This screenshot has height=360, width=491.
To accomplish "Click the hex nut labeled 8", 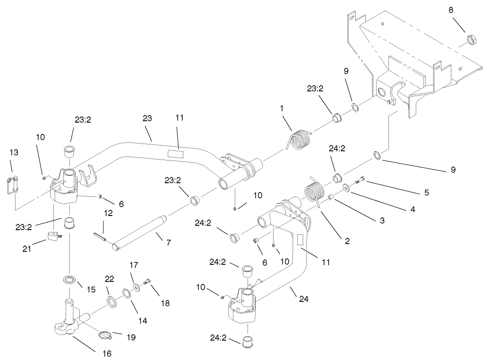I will (472, 40).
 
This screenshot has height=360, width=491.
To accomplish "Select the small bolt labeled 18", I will (147, 283).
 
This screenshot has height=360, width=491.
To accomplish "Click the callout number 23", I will (147, 118).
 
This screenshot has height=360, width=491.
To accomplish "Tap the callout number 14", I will (143, 320).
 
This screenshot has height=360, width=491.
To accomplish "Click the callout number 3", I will (382, 220).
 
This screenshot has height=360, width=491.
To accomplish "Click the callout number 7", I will (168, 243).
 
